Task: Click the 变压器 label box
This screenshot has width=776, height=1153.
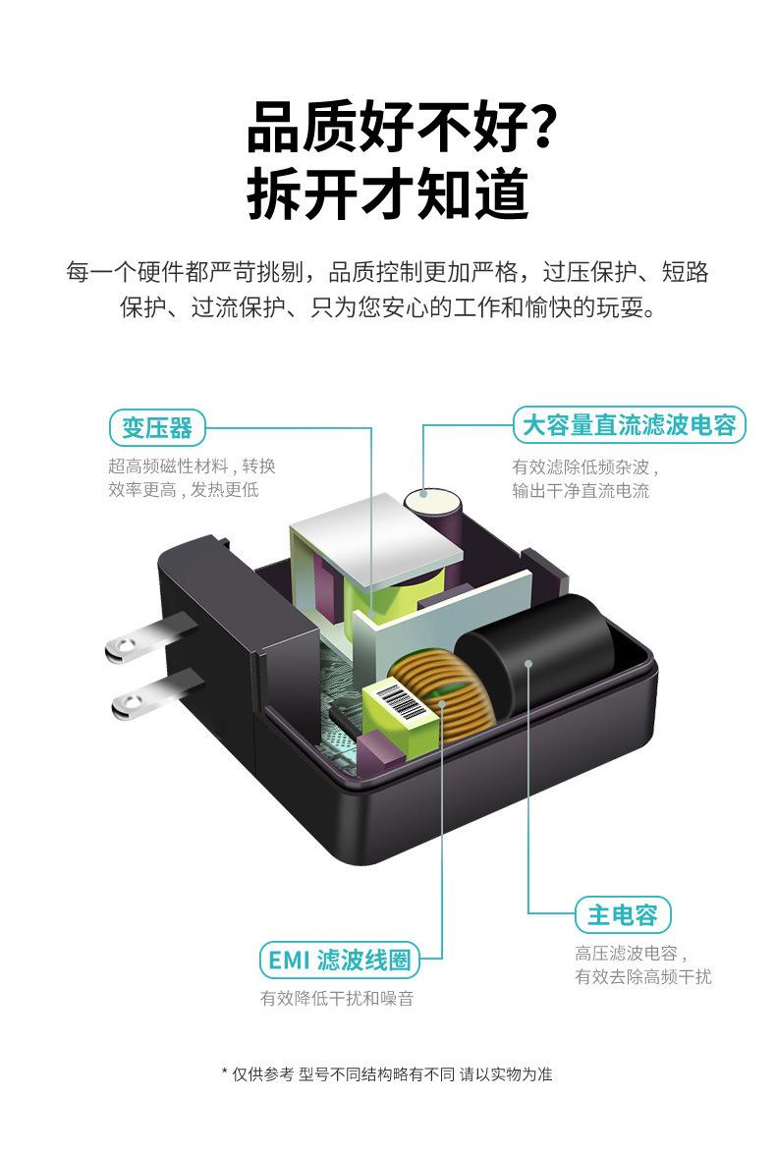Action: [x=156, y=428]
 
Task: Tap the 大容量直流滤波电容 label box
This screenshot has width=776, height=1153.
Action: [x=629, y=425]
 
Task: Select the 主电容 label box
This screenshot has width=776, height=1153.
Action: [x=622, y=915]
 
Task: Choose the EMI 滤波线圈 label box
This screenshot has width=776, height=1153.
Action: [x=338, y=960]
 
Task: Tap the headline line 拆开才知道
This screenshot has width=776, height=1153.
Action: [x=388, y=194]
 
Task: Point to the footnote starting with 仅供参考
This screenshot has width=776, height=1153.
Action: [x=387, y=1074]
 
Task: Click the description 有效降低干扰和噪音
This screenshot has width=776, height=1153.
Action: [x=337, y=999]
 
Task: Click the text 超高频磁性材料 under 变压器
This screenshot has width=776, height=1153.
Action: [x=167, y=467]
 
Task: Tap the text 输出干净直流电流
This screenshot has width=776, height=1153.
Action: [x=580, y=491]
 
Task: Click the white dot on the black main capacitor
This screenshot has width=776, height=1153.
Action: [x=528, y=663]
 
